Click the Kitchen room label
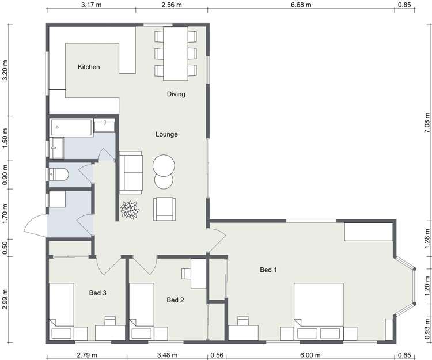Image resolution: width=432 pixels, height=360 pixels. [89, 67]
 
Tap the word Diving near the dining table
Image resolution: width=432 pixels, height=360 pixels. [176, 94]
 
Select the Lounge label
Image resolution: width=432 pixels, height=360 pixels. [166, 134]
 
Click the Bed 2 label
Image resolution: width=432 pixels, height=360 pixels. [175, 300]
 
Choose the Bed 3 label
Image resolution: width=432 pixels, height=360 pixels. [97, 293]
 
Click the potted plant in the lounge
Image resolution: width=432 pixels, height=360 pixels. [130, 210]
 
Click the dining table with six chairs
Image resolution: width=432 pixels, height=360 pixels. [176, 54]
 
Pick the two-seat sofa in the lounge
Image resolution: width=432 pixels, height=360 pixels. [131, 173]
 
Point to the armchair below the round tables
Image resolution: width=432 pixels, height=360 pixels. [165, 208]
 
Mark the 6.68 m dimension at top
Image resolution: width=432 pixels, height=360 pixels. [301, 5]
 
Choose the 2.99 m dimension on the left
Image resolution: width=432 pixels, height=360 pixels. [6, 298]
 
